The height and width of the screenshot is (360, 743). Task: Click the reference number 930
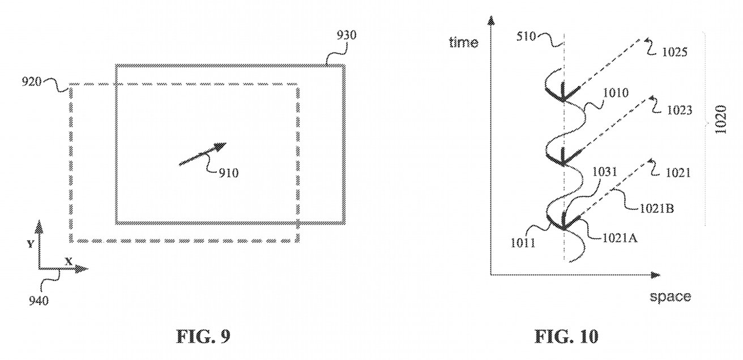coord(345,36)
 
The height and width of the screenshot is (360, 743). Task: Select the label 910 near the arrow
coord(228,173)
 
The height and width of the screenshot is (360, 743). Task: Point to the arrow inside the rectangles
coord(203,154)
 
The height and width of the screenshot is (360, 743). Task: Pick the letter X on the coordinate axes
coord(69,262)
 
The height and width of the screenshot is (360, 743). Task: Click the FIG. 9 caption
coord(204,337)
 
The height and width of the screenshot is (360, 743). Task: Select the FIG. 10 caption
coord(566,337)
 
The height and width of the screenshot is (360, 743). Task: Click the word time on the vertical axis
coord(463,42)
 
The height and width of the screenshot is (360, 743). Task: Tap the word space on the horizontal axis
coord(670,296)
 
